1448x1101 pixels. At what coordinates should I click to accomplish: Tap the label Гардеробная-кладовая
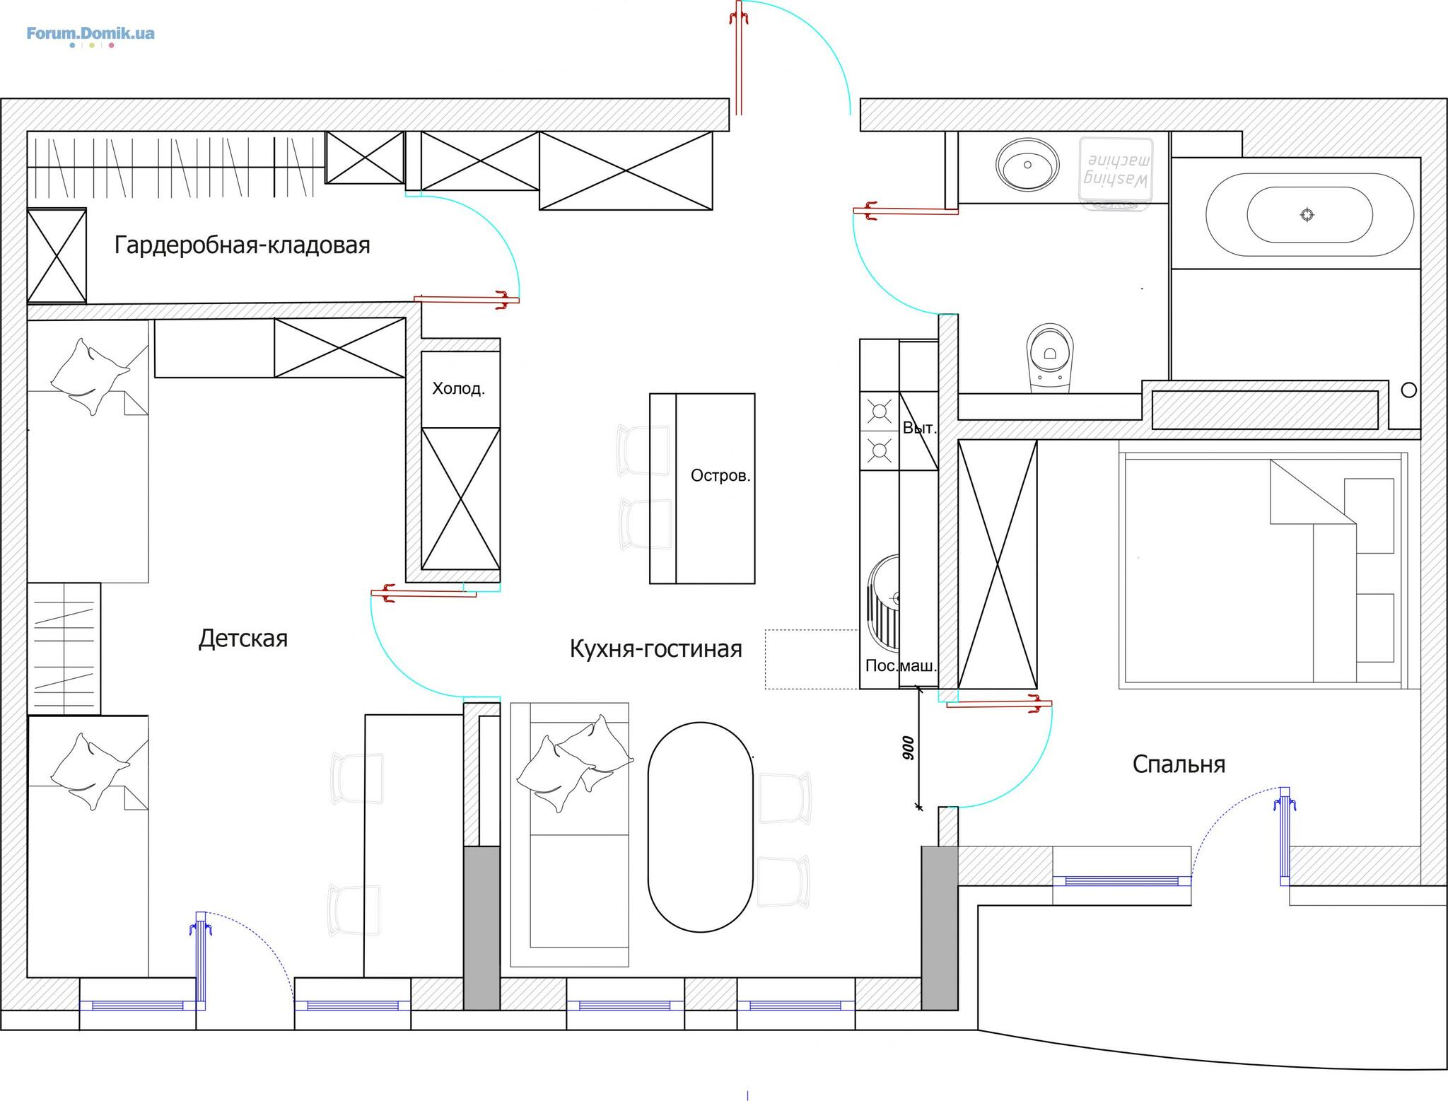pyautogui.click(x=243, y=245)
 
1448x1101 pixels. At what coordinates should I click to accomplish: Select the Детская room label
pyautogui.click(x=243, y=639)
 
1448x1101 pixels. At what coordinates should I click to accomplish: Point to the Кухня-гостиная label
pyautogui.click(x=656, y=648)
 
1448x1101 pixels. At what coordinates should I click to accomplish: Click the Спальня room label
pyautogui.click(x=1179, y=764)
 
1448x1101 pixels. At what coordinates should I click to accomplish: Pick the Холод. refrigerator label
pyautogui.click(x=458, y=388)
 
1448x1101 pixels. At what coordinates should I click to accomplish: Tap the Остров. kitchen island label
pyautogui.click(x=720, y=475)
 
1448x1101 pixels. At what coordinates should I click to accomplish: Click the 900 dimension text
pyautogui.click(x=909, y=748)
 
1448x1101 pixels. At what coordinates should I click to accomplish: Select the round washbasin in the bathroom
pyautogui.click(x=1027, y=164)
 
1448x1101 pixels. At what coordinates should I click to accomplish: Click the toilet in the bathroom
pyautogui.click(x=1049, y=358)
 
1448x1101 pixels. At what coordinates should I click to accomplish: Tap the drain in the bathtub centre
pyautogui.click(x=1307, y=214)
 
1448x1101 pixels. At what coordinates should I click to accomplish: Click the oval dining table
pyautogui.click(x=701, y=827)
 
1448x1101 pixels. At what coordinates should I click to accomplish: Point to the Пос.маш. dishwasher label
pyautogui.click(x=901, y=665)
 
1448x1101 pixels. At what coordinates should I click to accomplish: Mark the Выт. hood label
pyautogui.click(x=919, y=428)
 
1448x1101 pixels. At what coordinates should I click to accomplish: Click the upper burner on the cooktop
pyautogui.click(x=880, y=412)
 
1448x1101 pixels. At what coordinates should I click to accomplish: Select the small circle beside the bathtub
pyautogui.click(x=1408, y=390)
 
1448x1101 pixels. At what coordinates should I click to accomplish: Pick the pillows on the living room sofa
pyautogui.click(x=574, y=763)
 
